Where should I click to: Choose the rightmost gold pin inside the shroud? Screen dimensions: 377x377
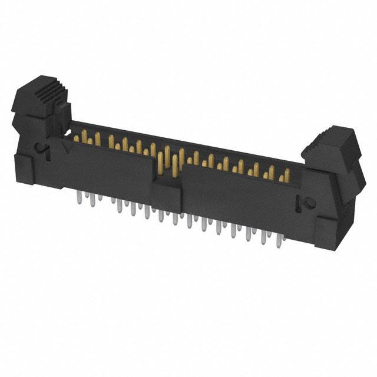(286, 176)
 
